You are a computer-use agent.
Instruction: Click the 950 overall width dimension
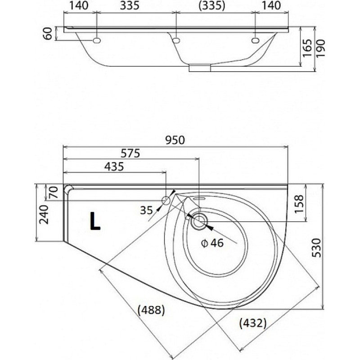point(175,140)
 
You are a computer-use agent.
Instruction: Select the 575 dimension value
point(130,153)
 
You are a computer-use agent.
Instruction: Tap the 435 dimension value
point(114,166)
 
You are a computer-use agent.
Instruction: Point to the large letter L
point(95,221)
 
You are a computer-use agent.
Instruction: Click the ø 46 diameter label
point(212,243)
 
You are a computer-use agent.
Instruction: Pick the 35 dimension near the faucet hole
point(147,210)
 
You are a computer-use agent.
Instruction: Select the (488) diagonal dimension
point(151,310)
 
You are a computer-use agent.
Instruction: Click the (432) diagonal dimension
point(253,323)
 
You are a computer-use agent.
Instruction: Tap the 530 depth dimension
point(317,248)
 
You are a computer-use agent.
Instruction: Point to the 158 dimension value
point(299,204)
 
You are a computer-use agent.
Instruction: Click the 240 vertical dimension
point(44,215)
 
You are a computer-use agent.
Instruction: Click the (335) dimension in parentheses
point(212,5)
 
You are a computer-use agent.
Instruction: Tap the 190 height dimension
point(321,49)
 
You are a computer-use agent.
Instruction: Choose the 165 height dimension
point(307,49)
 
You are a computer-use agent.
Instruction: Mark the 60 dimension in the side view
point(48,33)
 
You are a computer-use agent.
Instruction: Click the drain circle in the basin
point(199,220)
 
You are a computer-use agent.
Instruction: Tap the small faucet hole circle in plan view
point(166,201)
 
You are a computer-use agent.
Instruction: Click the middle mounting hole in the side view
point(176,40)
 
